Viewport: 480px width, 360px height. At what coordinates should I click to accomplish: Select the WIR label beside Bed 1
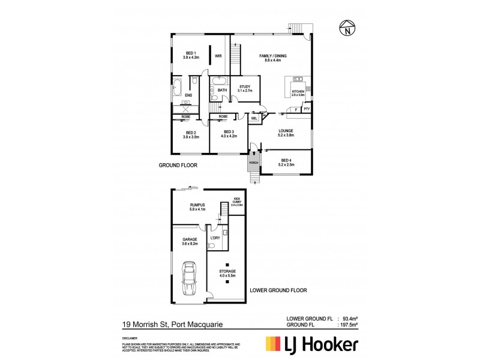coord(218,58)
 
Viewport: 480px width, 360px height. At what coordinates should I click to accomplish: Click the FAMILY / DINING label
coord(273,58)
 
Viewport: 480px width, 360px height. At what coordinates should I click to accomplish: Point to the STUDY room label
coord(244,89)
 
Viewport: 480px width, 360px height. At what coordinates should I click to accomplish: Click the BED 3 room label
coord(229,134)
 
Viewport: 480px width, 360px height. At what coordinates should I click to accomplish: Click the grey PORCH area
coord(253,162)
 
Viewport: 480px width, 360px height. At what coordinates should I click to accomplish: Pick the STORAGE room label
coord(227,274)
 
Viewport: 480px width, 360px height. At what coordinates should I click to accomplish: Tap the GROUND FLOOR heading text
coord(178,164)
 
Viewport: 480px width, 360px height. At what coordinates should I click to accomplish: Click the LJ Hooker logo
coord(311,344)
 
